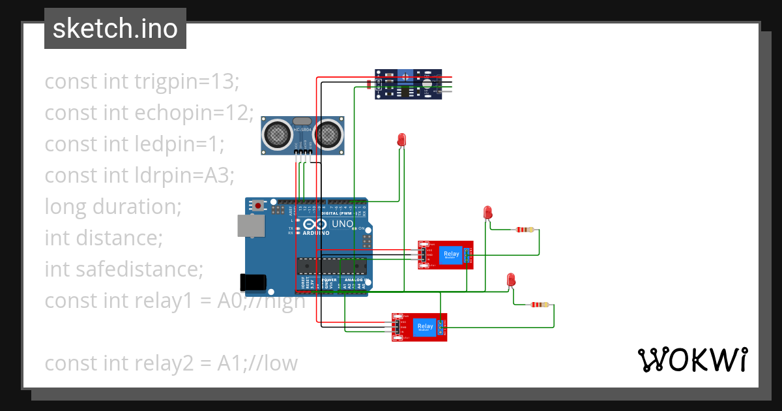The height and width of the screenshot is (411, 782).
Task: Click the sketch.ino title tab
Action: click(115, 29)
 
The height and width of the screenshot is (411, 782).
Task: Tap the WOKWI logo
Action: click(692, 359)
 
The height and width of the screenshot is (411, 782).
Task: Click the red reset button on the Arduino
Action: click(259, 205)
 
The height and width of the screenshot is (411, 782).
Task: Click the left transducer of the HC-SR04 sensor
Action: click(277, 135)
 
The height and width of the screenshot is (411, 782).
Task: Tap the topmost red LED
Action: click(401, 140)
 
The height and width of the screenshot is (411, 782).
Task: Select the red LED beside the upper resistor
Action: click(487, 212)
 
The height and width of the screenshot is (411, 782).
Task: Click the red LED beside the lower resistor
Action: click(511, 280)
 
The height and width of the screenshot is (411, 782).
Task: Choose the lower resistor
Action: click(540, 305)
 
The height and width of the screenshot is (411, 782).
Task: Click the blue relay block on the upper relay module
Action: click(450, 254)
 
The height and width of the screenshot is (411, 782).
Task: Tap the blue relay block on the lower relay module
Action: click(425, 326)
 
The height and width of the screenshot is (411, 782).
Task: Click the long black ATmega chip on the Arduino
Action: click(332, 266)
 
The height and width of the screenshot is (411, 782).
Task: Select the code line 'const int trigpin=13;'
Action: click(142, 82)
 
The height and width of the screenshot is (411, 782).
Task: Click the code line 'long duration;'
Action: click(113, 207)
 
